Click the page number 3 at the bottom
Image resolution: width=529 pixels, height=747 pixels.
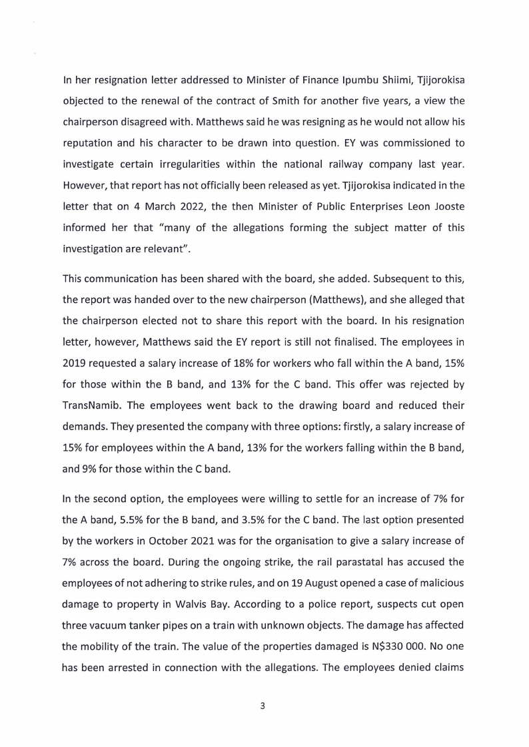coord(263,706)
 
